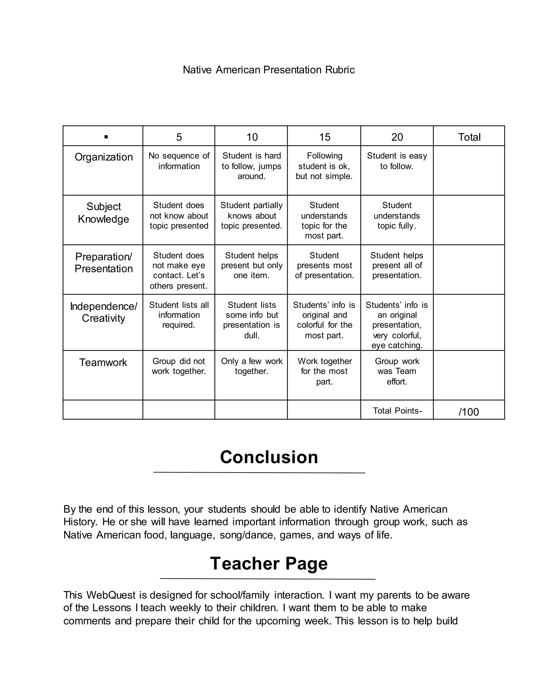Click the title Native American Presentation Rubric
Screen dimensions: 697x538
(x=268, y=70)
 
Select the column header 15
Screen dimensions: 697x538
(x=324, y=137)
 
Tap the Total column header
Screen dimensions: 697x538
(x=469, y=137)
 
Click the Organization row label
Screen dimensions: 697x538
(x=104, y=157)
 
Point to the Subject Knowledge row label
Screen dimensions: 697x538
(x=104, y=213)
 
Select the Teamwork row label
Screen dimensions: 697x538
(x=103, y=362)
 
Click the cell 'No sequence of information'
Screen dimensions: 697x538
(x=179, y=161)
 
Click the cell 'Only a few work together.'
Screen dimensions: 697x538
(x=251, y=366)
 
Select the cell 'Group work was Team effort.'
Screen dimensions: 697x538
(x=397, y=371)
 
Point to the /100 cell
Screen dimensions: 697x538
(x=469, y=412)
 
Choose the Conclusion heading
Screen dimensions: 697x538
(x=269, y=457)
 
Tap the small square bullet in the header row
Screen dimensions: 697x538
(x=106, y=137)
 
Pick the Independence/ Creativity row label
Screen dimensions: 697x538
(x=104, y=312)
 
